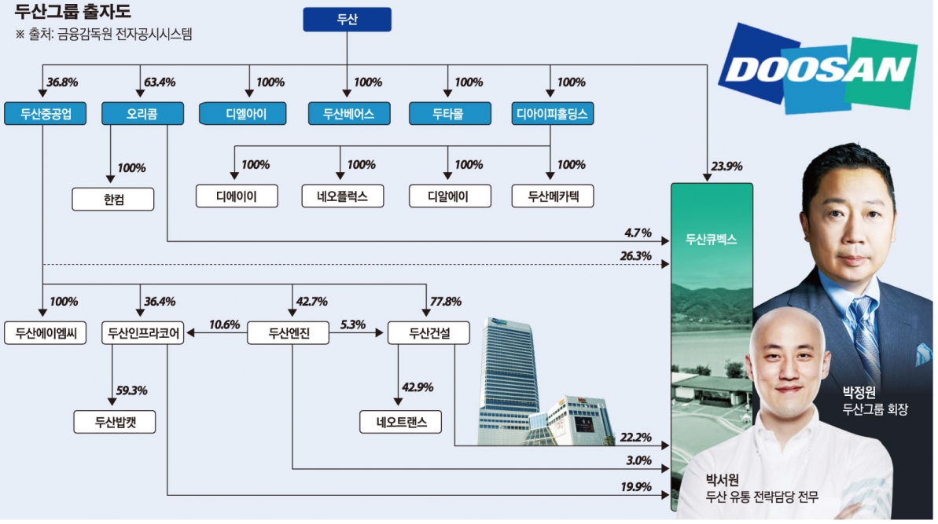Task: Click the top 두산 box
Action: pos(347,20)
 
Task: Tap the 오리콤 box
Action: pos(142,115)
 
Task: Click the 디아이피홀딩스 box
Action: pos(553,115)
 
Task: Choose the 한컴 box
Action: pos(113,198)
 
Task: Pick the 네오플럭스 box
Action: pos(344,196)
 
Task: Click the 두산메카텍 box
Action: pos(552,196)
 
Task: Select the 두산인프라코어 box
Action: pos(143,333)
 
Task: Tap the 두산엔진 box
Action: pos(289,333)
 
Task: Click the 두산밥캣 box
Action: pos(115,422)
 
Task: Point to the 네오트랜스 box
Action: pos(400,422)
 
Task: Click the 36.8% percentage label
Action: pos(63,82)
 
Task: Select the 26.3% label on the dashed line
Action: pos(636,256)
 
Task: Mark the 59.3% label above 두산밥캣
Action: pos(132,390)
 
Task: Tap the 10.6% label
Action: pos(224,324)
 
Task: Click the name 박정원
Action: pos(859,392)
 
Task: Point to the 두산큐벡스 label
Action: pos(711,239)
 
